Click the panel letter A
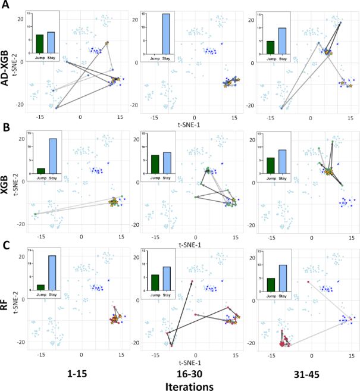coord(7,6)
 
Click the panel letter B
coord(7,127)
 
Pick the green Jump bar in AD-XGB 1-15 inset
coord(40,43)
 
